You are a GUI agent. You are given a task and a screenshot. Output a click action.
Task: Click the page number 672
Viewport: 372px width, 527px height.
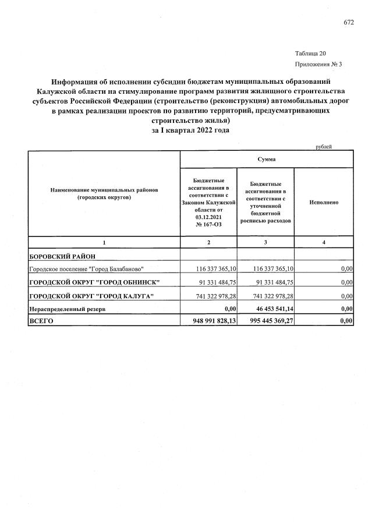point(349,23)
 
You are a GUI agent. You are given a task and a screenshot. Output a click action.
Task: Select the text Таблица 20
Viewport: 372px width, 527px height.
point(310,53)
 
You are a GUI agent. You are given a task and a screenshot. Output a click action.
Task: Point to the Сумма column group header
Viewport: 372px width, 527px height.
point(266,159)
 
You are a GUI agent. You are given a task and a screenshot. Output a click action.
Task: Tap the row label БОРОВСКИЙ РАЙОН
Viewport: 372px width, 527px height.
point(62,256)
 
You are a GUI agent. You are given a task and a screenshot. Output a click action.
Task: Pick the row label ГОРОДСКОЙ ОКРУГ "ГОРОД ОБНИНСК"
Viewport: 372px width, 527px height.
point(94,282)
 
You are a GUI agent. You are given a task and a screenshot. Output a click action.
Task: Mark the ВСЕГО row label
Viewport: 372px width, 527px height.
point(41,320)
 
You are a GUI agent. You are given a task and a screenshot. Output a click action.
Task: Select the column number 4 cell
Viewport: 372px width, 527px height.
point(324,242)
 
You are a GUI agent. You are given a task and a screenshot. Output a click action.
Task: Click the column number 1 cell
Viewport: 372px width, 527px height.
point(104,242)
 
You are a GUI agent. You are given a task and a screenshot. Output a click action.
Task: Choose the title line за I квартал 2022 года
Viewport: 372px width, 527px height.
point(190,130)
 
